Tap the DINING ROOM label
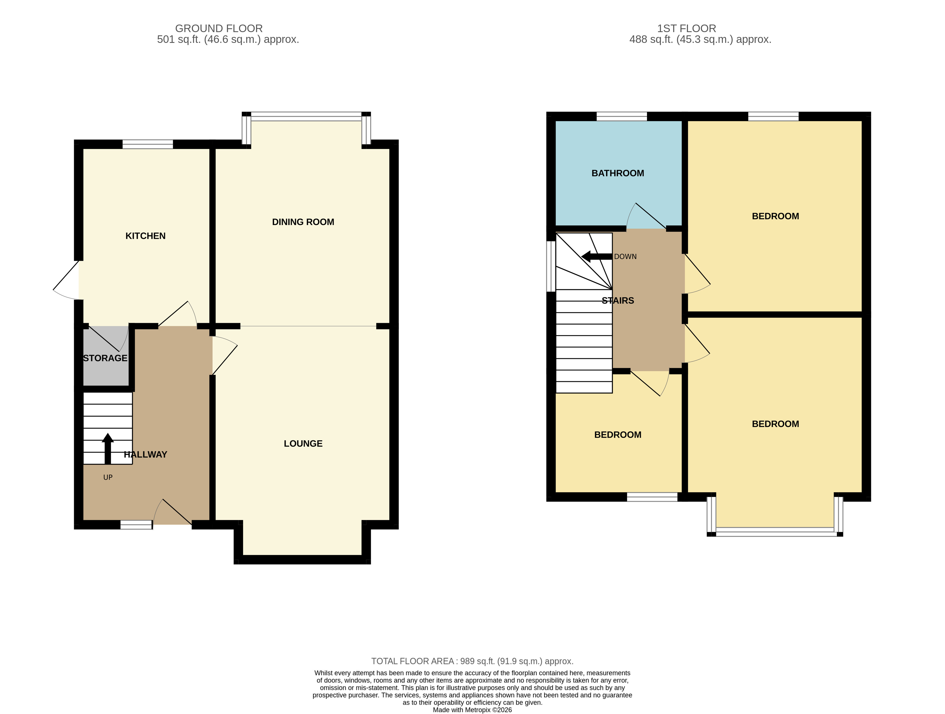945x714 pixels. [x=303, y=222]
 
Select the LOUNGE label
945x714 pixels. [x=303, y=443]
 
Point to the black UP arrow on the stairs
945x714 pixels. [x=108, y=449]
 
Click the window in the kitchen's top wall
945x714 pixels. [x=148, y=144]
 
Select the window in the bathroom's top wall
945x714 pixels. [x=622, y=116]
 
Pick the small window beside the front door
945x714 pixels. [x=136, y=525]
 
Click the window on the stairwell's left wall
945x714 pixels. [x=551, y=266]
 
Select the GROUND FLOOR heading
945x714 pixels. [x=219, y=28]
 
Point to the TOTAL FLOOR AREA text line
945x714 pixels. [x=472, y=661]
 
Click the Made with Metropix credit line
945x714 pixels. [x=472, y=710]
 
